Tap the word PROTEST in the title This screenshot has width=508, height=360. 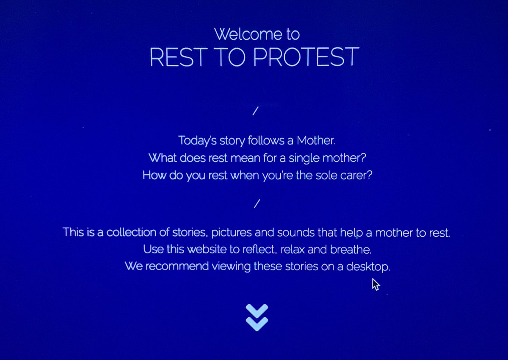point(306,58)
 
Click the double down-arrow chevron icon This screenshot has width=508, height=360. point(257,317)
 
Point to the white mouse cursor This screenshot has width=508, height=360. point(375,284)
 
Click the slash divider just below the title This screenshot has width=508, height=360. point(255,111)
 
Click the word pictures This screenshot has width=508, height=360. point(234,233)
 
